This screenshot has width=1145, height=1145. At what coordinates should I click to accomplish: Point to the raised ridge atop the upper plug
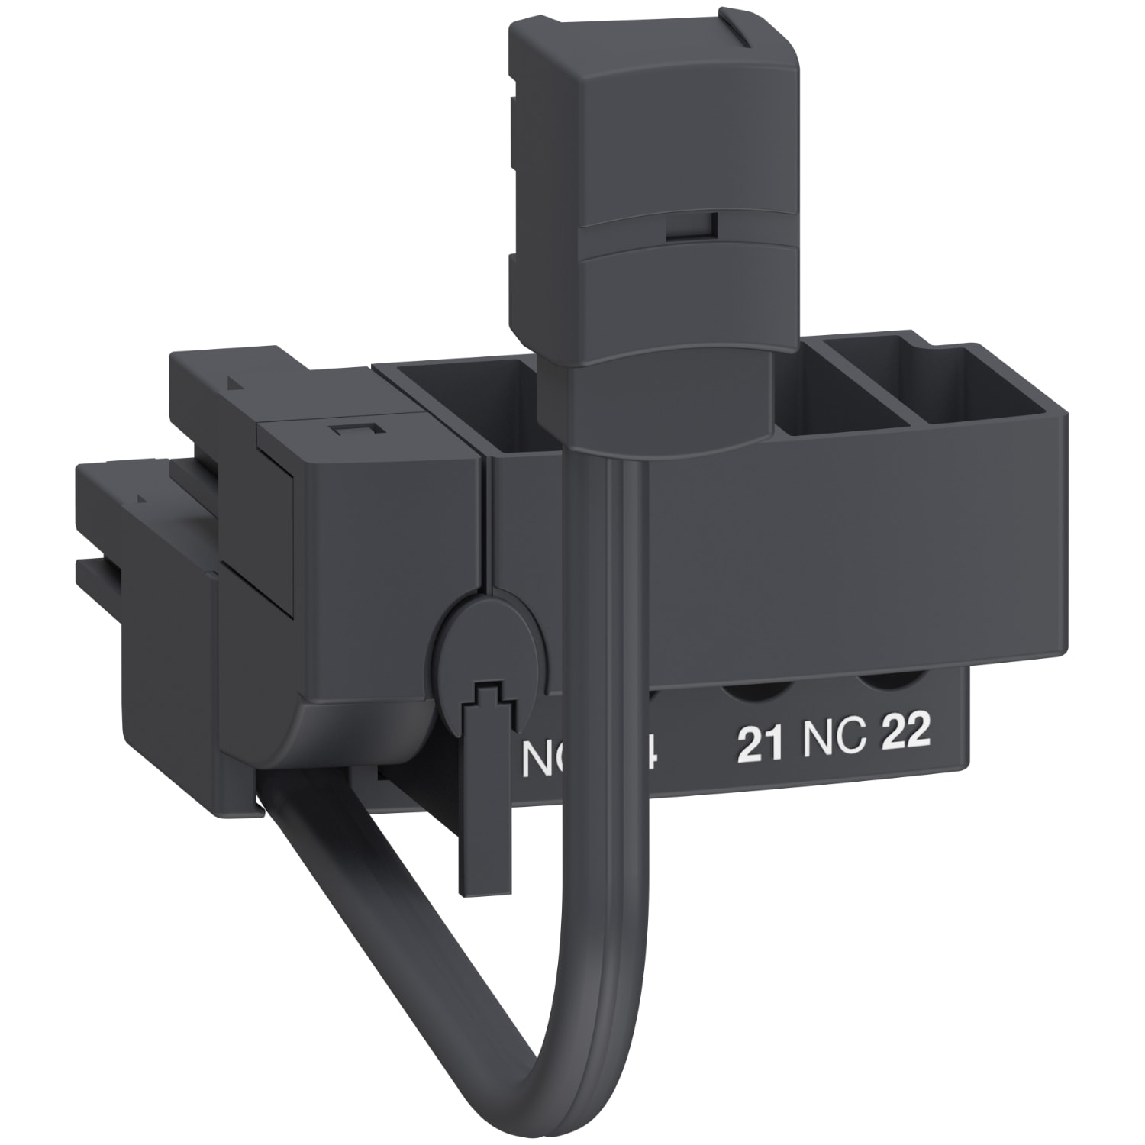tap(756, 37)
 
